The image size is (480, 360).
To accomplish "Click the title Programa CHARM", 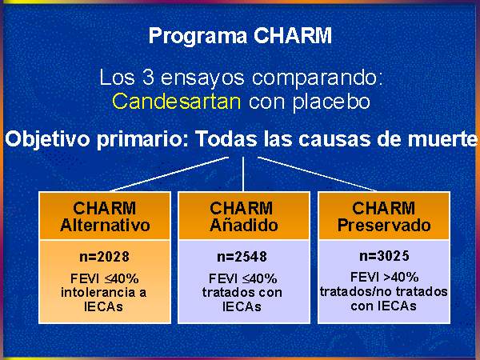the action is point(240,36).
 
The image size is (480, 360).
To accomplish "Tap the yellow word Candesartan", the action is point(177,101).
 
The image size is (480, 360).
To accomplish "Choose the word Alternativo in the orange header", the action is point(105,225).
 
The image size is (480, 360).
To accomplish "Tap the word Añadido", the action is point(244,225).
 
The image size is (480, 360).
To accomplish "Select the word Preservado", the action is point(384,225).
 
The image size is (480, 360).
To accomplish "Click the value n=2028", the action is point(104,257).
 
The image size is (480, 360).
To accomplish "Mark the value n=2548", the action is point(242,257).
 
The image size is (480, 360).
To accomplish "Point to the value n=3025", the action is point(384,256).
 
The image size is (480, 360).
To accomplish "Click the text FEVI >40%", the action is point(384,277).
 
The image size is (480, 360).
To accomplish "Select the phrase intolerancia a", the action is point(103,292).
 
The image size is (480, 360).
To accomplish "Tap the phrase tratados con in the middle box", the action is point(242,292).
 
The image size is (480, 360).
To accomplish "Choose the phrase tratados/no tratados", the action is point(383,291).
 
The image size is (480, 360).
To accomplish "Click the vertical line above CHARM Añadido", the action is point(243,174).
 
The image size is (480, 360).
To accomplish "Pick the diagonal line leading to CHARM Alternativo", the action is point(170,174).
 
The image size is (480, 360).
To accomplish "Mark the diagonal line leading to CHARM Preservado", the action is point(317,174).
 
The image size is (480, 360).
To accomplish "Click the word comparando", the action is point(318,78).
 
